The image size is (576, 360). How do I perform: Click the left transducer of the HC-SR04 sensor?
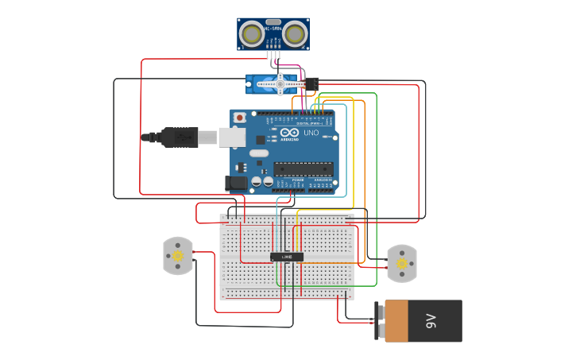(253, 34)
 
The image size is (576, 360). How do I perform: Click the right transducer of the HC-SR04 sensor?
(295, 34)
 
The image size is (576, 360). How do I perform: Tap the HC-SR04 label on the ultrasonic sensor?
(273, 29)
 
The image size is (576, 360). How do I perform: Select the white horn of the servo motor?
(279, 83)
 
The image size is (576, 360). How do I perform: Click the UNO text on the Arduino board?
(311, 133)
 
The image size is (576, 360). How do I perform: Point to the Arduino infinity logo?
(289, 133)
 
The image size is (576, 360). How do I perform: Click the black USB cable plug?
(180, 137)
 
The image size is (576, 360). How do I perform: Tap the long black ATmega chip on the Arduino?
(303, 168)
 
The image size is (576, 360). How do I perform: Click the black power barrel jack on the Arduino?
(236, 183)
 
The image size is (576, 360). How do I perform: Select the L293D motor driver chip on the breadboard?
(287, 257)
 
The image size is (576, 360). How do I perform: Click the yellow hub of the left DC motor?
(178, 257)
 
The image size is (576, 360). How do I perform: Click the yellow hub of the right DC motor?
(402, 264)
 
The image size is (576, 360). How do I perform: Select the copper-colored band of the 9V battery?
(396, 321)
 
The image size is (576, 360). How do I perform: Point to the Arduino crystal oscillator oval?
(259, 153)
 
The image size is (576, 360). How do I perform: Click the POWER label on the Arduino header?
(297, 180)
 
